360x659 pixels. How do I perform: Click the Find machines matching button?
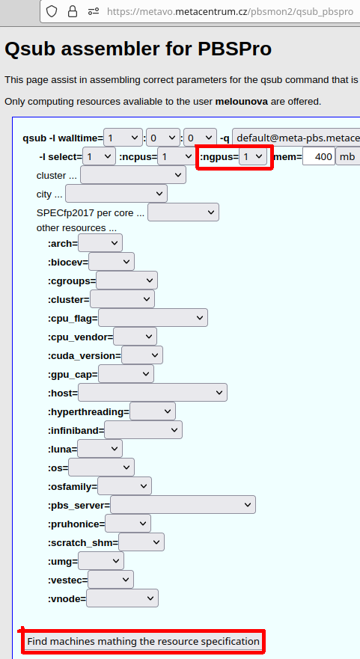[144, 641]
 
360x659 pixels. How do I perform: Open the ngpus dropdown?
[253, 157]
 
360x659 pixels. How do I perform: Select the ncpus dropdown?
[176, 157]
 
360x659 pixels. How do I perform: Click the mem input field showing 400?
[319, 157]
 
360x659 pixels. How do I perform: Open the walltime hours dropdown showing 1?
[123, 138]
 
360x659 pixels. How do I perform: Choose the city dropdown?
[116, 194]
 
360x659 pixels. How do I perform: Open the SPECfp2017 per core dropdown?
[183, 212]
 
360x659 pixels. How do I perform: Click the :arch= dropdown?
[100, 243]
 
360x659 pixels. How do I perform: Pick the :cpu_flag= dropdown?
[153, 318]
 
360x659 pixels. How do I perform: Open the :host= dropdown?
[152, 393]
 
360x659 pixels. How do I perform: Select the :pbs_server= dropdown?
[183, 505]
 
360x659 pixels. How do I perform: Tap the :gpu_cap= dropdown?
[126, 373]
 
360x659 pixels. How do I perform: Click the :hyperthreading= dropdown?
[152, 411]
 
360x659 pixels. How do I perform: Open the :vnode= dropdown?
[122, 598]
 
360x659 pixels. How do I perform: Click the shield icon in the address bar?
[52, 11]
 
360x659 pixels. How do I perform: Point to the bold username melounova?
[242, 102]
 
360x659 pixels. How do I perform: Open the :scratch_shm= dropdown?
[141, 542]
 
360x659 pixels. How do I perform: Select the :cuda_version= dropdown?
[141, 355]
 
